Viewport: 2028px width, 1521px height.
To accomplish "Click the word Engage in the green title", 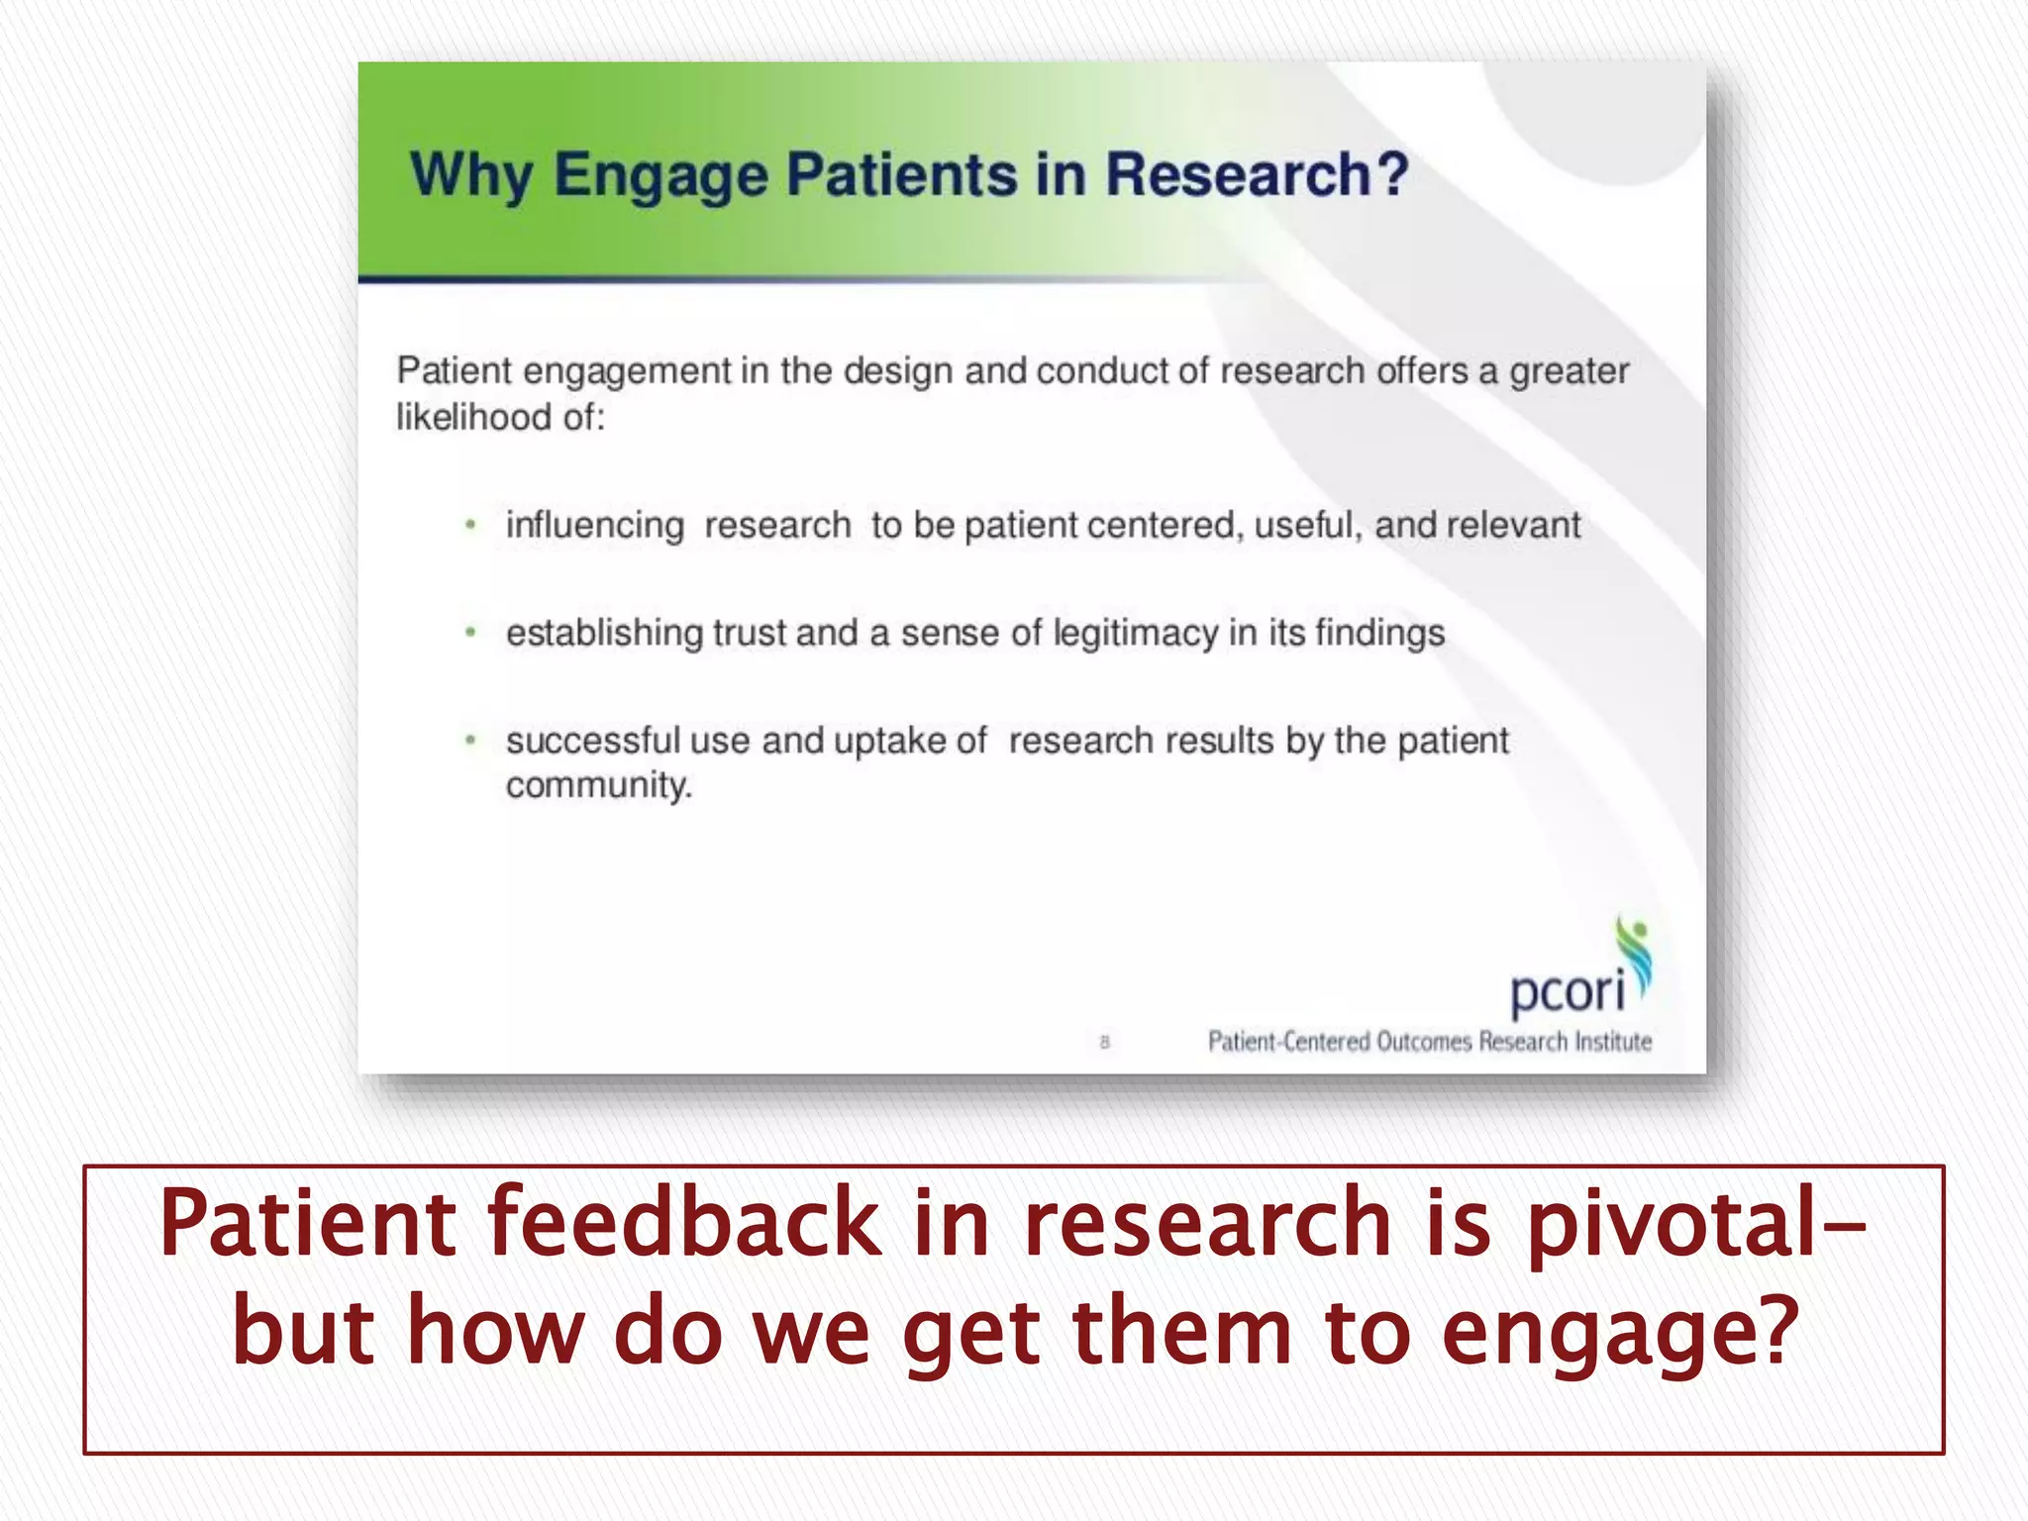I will coord(659,175).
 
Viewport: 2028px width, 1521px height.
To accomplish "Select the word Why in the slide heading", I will coord(470,175).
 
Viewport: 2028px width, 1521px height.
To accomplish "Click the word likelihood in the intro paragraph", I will coord(473,417).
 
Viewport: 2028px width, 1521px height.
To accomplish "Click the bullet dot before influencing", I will coord(471,525).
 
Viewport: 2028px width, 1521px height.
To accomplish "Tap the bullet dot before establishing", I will coord(471,632).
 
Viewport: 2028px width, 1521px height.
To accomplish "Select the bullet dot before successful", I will coord(471,740).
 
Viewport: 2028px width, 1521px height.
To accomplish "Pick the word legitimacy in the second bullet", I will coord(1135,633).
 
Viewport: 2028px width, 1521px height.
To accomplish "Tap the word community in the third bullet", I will coord(598,785).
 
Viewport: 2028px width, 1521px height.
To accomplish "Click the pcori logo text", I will coord(1567,990).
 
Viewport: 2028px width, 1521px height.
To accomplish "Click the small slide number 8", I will coord(1105,1042).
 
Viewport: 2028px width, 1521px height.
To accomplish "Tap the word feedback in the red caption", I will coord(683,1224).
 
